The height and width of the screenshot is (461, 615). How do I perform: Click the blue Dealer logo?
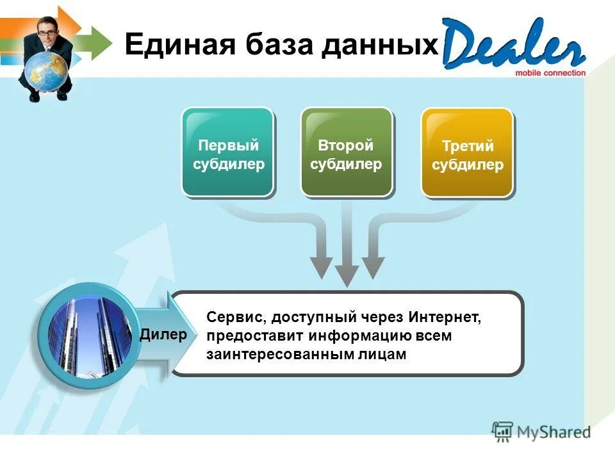click(x=512, y=44)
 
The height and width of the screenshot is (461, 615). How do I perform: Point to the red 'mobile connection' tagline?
click(x=550, y=73)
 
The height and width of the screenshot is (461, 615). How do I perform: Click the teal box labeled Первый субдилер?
click(x=228, y=152)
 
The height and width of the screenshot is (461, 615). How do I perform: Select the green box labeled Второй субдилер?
click(x=346, y=152)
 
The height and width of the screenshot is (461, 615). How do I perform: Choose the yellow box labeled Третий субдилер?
click(x=467, y=152)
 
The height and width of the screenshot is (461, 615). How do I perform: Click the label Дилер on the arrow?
click(x=163, y=334)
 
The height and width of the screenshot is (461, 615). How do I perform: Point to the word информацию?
click(x=354, y=336)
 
